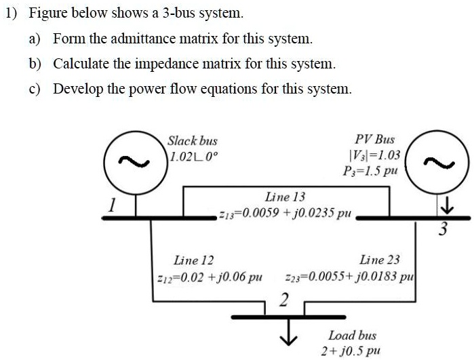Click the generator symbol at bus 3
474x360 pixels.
tap(434, 161)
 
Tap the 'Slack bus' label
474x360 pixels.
tap(193, 141)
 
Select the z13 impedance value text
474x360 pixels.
tap(285, 212)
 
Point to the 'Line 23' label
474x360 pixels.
tap(379, 260)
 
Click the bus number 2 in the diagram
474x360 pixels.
tap(284, 299)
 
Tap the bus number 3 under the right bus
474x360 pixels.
tap(441, 229)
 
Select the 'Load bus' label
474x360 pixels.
tap(352, 336)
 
